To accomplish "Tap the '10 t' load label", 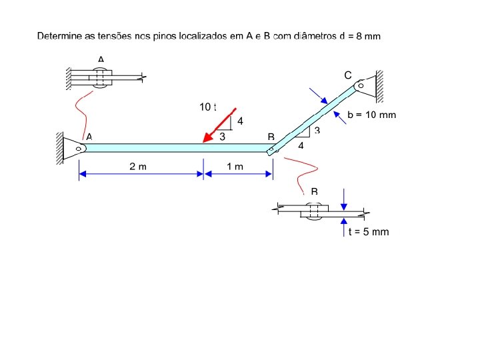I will [208, 107].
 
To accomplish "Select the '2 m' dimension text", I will [138, 166].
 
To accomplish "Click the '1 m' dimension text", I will [235, 166].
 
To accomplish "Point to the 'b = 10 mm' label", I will [372, 115].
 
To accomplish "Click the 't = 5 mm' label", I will [369, 232].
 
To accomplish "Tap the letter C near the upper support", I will [348, 75].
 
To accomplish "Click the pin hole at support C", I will [361, 85].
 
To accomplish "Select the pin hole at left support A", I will [79, 149].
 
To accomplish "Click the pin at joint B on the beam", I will [271, 151].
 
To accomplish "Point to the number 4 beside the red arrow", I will [241, 121].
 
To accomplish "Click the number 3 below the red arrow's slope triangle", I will [223, 136].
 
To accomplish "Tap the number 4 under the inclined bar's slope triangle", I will [301, 145].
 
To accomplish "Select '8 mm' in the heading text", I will [368, 36].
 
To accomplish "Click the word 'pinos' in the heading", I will [163, 35].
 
